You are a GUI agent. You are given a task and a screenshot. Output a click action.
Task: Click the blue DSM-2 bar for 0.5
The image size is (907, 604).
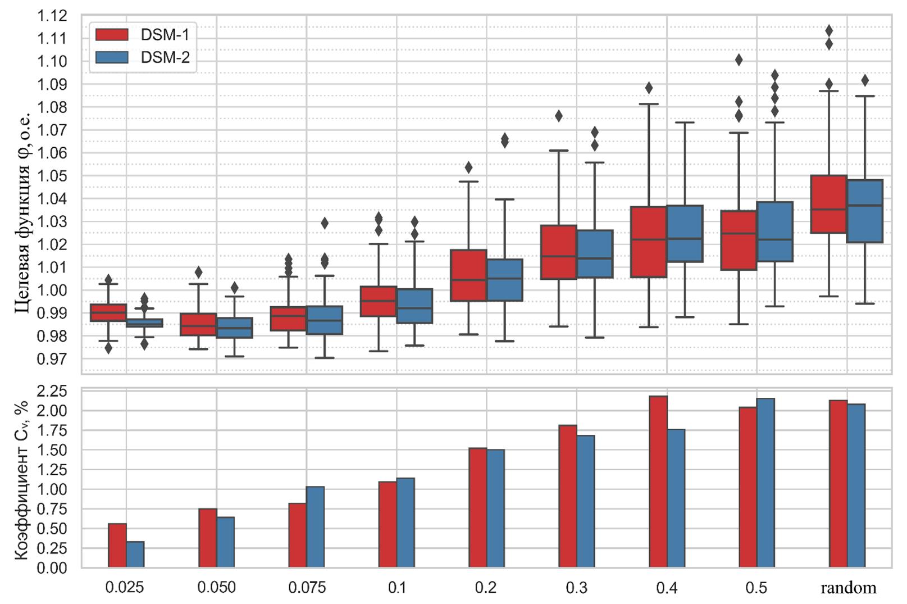pos(766,483)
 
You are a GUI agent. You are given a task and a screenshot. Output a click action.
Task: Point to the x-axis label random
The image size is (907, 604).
pos(848,588)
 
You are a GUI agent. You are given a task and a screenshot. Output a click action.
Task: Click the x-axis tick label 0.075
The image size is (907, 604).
pos(307,588)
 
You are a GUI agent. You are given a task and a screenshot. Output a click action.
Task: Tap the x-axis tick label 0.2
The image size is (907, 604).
pos(486,588)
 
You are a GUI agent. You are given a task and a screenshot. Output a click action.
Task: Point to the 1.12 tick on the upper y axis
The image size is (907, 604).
pos(52,16)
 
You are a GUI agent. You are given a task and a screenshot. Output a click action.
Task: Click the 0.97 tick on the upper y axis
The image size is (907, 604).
pos(52,358)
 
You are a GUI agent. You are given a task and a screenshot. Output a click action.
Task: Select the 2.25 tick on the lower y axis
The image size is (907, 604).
pos(52,391)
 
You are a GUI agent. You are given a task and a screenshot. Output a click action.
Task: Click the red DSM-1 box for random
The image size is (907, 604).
pos(828,204)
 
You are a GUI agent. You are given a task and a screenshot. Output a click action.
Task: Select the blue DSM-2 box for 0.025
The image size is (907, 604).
pos(144,323)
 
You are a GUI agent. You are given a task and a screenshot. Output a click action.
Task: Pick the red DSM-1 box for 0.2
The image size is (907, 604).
pos(468,275)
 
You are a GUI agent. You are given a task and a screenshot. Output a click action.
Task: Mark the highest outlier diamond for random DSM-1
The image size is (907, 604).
pos(829,30)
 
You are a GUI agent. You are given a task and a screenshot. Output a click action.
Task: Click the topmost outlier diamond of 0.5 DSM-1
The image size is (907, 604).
pos(739,60)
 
